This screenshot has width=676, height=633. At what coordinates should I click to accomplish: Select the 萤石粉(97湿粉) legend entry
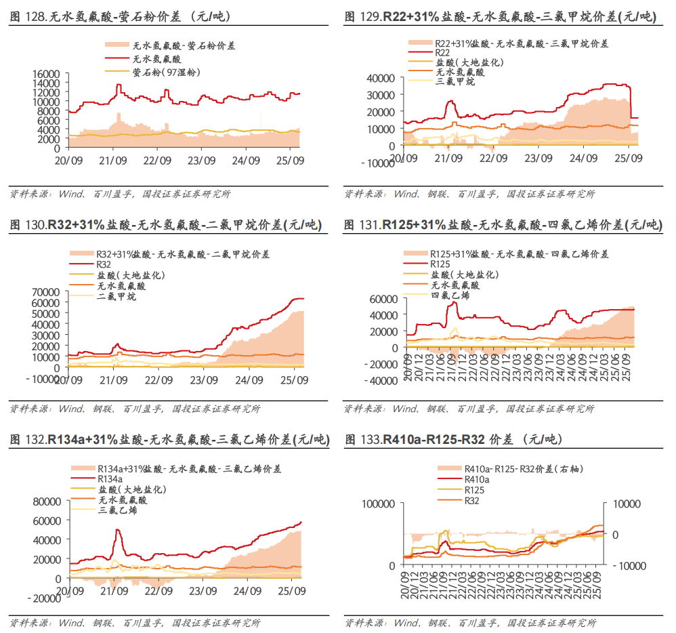[167, 70]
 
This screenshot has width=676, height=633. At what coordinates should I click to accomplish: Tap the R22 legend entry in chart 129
[442, 52]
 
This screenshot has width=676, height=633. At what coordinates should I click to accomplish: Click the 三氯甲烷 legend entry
[455, 81]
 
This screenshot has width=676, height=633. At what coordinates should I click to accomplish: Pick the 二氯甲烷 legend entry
[117, 296]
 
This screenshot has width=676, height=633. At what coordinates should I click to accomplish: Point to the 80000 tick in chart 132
[47, 502]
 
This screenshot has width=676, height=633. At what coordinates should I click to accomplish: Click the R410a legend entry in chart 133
[477, 478]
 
